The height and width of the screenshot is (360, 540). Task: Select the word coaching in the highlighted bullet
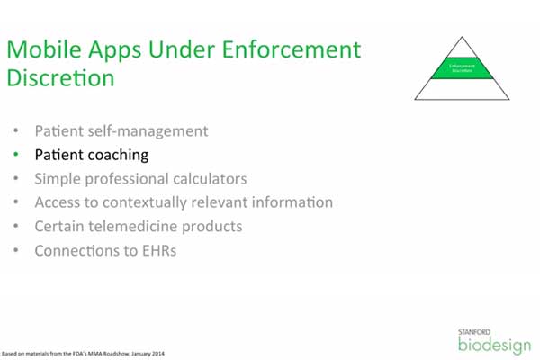(x=117, y=155)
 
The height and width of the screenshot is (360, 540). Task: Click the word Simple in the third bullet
(x=57, y=178)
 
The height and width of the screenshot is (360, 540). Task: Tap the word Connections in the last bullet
(x=77, y=249)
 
